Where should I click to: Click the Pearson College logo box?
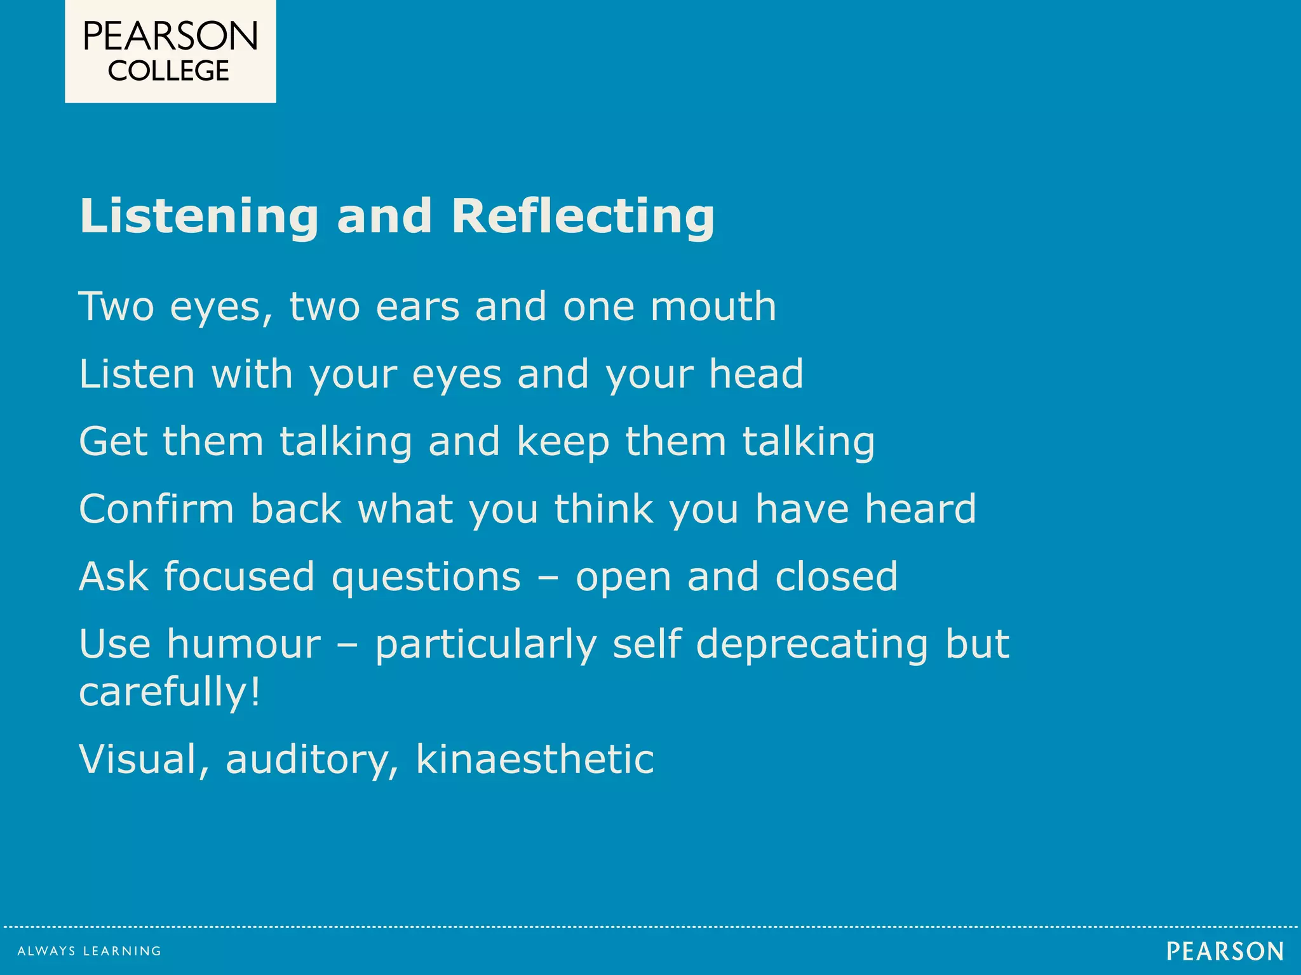coord(170,51)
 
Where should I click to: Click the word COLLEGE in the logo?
coord(168,71)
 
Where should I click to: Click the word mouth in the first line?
coord(713,307)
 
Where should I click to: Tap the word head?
coord(756,374)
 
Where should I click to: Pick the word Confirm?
coord(157,509)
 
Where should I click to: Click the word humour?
coord(243,645)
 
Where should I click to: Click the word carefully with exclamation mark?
coord(170,692)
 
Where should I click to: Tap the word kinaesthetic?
coord(535,759)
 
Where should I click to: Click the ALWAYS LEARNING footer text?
coord(90,951)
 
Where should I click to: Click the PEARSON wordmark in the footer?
coord(1225,952)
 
